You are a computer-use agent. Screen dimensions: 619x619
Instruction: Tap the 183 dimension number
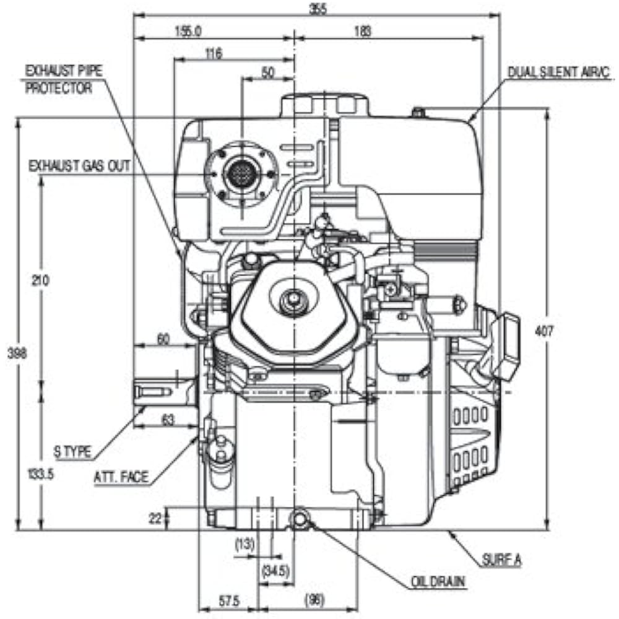(365, 32)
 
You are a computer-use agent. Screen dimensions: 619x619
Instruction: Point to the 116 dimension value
(214, 54)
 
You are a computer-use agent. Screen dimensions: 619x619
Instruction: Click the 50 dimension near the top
(268, 73)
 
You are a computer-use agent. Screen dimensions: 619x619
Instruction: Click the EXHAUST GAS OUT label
(80, 166)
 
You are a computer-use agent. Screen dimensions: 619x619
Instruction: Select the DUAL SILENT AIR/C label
(559, 72)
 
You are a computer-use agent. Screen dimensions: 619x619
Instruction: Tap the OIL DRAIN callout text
(438, 582)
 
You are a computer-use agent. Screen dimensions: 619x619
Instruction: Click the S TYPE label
(73, 453)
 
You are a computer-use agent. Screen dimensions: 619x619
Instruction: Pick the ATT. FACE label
(121, 477)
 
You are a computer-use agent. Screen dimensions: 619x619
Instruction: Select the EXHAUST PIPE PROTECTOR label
(63, 79)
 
